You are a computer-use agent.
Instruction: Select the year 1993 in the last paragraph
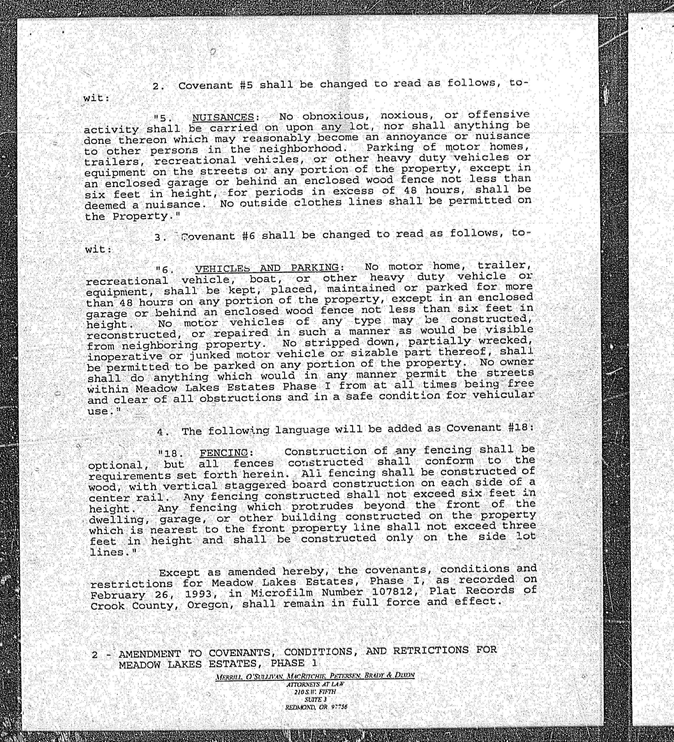[x=199, y=594]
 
